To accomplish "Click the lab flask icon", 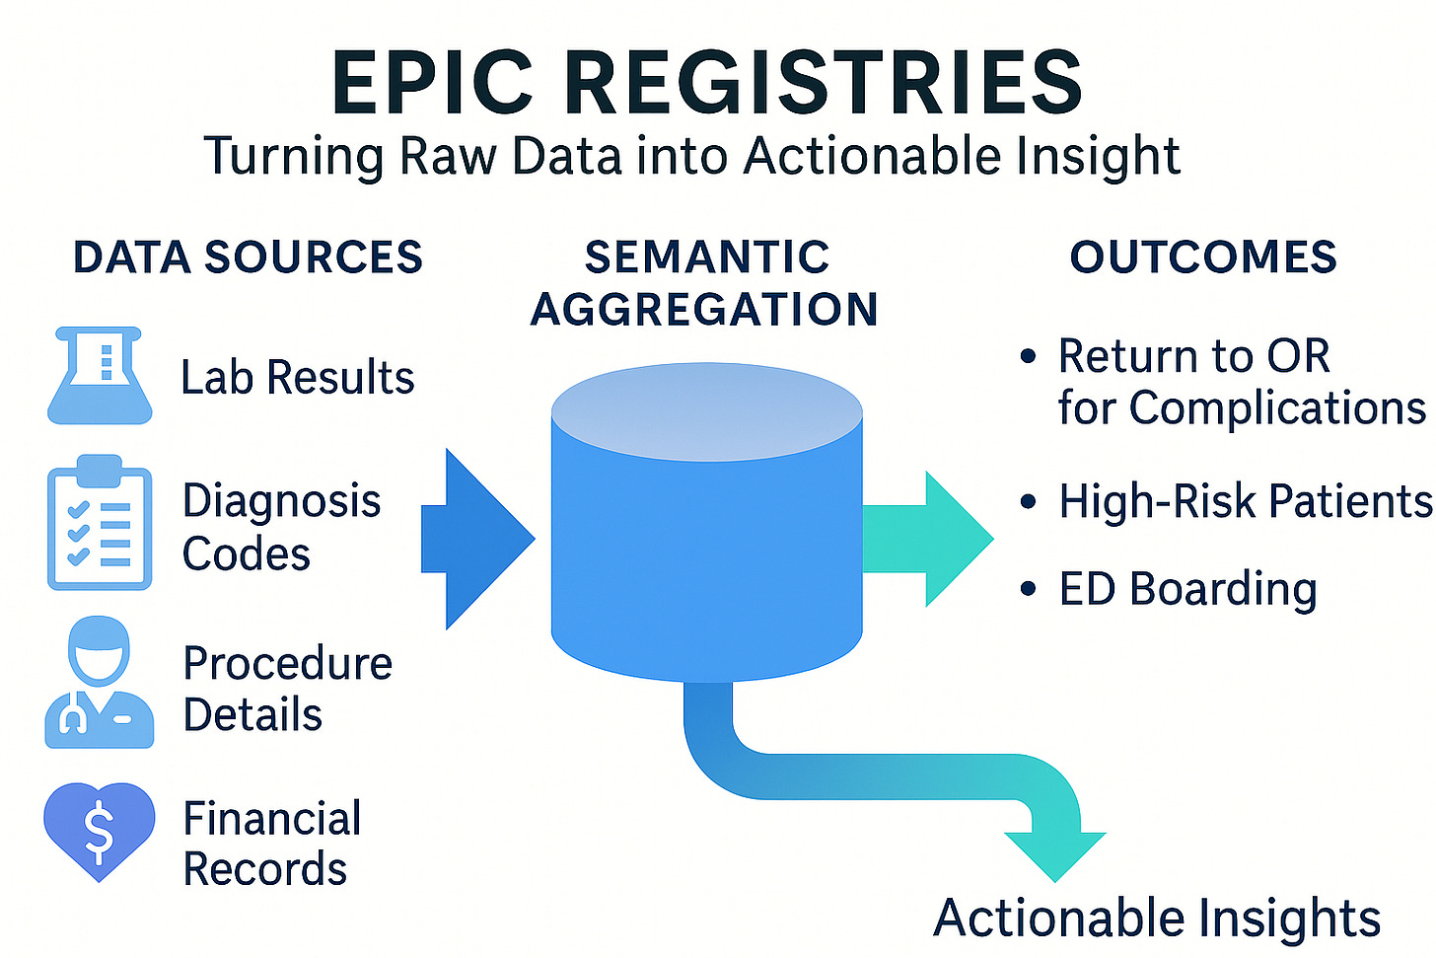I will tap(100, 377).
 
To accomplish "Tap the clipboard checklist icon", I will tap(100, 524).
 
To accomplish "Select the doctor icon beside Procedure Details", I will tap(99, 684).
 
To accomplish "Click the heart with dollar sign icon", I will tap(100, 830).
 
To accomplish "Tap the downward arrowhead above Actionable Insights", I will tap(1054, 853).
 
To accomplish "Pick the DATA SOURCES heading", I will tap(248, 258).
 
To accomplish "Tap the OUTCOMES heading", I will tap(1203, 258).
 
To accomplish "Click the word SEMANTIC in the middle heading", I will tap(706, 258).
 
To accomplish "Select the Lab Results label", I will tap(298, 378).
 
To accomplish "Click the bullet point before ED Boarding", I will tap(1029, 589).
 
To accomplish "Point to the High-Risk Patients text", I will tap(1245, 501).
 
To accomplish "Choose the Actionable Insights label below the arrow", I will tap(1156, 919).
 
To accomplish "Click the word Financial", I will tap(272, 819).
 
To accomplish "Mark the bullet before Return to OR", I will tap(1029, 356).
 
